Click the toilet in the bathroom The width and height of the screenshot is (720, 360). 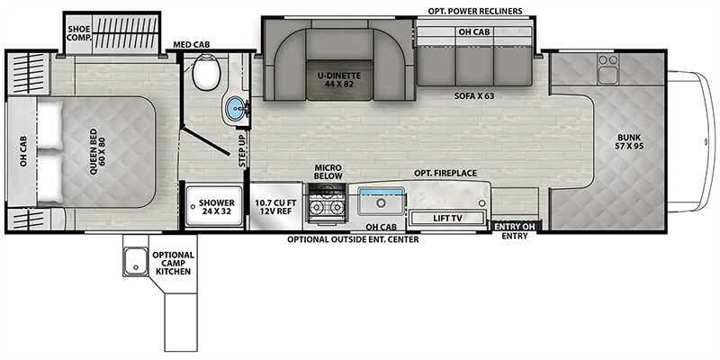pyautogui.click(x=207, y=72)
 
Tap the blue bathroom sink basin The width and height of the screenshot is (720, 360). pyautogui.click(x=235, y=109)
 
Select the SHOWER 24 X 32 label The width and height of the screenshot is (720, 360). pyautogui.click(x=217, y=207)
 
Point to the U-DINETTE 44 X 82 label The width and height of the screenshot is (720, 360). pyautogui.click(x=340, y=80)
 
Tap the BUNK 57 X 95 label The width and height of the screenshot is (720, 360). pyautogui.click(x=629, y=142)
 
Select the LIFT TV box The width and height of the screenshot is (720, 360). pyautogui.click(x=447, y=218)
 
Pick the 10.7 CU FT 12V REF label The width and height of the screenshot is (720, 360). pyautogui.click(x=276, y=207)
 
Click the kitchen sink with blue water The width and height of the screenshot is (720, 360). pyautogui.click(x=381, y=201)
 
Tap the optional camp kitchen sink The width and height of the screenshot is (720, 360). pyautogui.click(x=136, y=261)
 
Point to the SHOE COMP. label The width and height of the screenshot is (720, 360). pyautogui.click(x=79, y=32)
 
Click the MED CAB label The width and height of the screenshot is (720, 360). pyautogui.click(x=191, y=44)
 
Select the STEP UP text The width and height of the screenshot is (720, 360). pyautogui.click(x=242, y=150)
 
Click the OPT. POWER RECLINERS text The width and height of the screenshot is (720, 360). pyautogui.click(x=475, y=11)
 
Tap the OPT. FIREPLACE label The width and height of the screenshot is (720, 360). pyautogui.click(x=445, y=173)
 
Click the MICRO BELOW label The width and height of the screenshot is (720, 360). pyautogui.click(x=328, y=172)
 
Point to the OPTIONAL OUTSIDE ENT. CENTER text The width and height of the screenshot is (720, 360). pyautogui.click(x=353, y=239)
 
